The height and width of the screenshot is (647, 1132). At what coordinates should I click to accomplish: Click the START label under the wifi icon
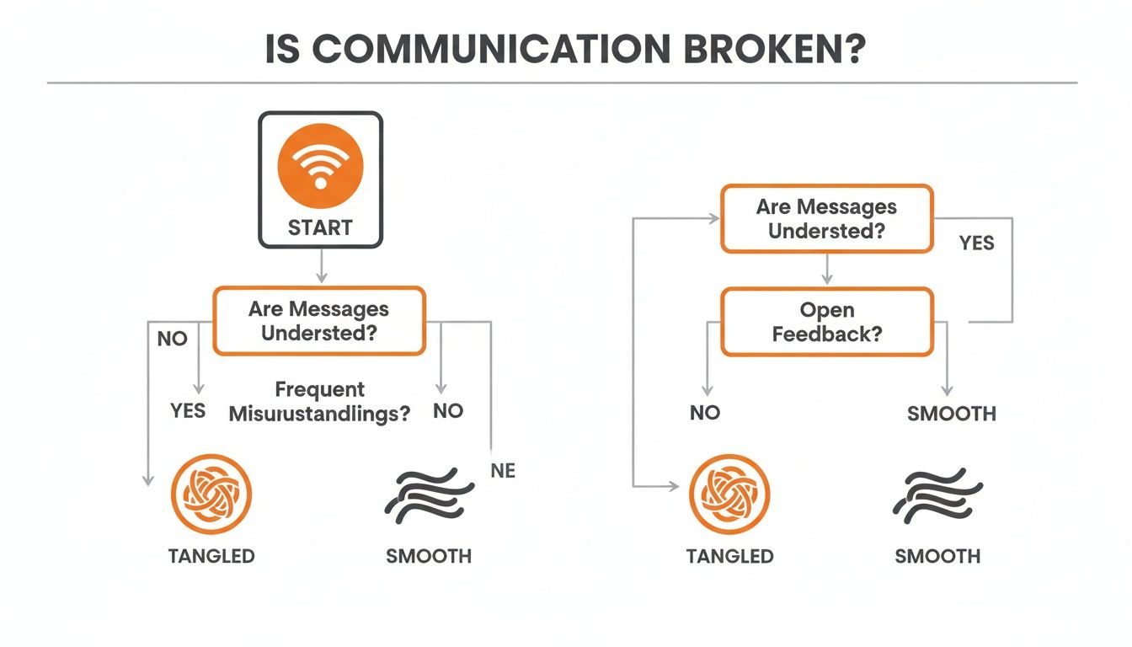click(x=320, y=227)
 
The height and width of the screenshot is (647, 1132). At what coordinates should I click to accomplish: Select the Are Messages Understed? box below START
click(x=319, y=320)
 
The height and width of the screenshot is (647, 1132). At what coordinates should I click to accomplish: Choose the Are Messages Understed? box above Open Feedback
click(x=826, y=218)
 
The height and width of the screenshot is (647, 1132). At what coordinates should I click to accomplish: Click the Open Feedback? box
click(x=826, y=322)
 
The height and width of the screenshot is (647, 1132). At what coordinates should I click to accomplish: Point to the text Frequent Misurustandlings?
click(x=319, y=401)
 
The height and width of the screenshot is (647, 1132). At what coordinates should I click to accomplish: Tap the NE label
click(x=503, y=471)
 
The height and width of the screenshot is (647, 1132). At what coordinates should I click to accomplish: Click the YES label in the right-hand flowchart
click(x=976, y=243)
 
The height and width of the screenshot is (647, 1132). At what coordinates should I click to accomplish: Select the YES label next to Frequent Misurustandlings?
click(x=187, y=410)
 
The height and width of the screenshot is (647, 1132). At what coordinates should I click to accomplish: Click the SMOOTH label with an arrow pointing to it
click(x=951, y=414)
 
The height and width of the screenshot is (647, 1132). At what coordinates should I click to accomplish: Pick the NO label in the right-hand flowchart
click(x=704, y=414)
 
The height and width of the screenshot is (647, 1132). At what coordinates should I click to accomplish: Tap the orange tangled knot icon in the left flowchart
click(x=211, y=495)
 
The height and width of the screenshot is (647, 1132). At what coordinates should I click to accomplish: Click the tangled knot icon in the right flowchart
click(x=729, y=495)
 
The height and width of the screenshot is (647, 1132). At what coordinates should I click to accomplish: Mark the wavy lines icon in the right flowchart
click(x=937, y=495)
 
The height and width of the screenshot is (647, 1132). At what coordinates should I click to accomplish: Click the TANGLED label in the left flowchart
click(x=211, y=556)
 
